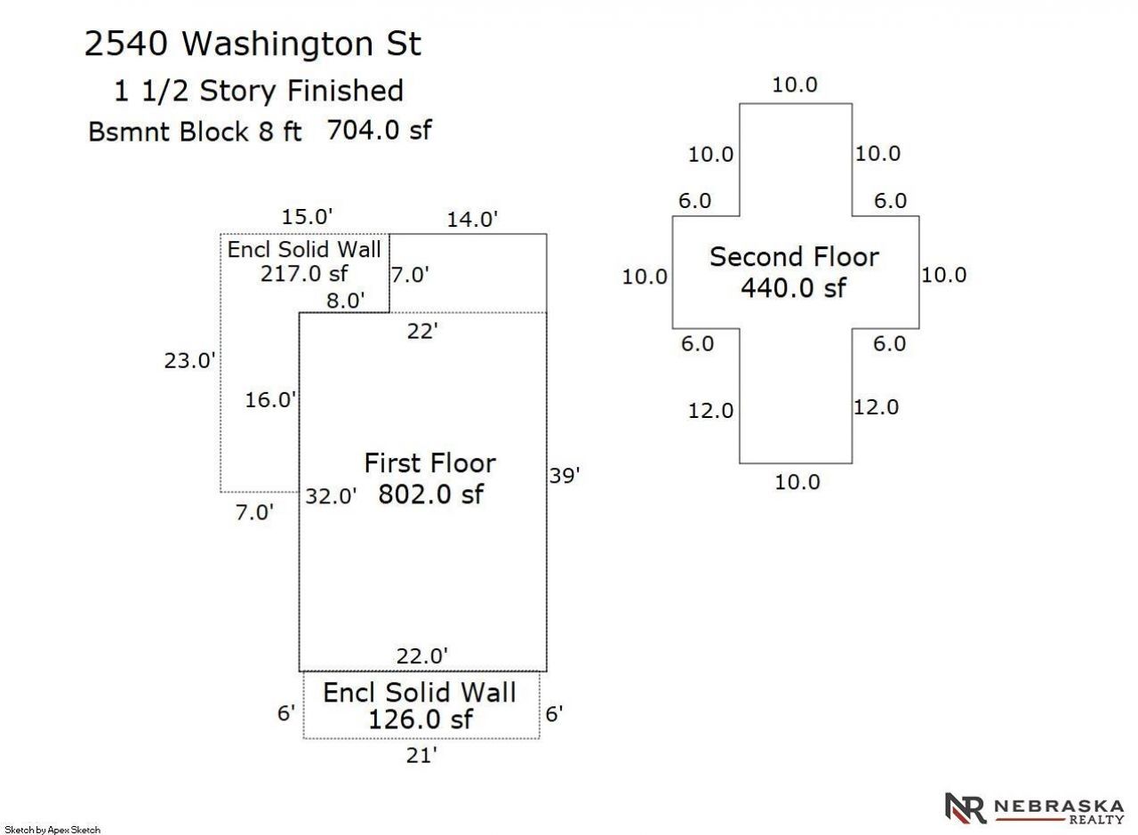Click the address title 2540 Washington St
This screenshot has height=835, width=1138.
tap(252, 44)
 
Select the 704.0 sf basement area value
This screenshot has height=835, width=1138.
tap(379, 130)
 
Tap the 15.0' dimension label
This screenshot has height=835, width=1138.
tap(307, 216)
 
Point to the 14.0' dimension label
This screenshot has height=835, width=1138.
tap(472, 219)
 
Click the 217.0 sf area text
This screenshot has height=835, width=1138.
tap(304, 274)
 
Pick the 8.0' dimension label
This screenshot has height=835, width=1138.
tap(346, 301)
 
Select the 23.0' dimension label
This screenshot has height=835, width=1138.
tap(189, 360)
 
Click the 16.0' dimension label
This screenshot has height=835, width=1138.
tap(271, 399)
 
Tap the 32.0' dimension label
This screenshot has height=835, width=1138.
tap(331, 495)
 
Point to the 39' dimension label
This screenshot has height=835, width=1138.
tap(565, 476)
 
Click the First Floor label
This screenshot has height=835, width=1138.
tap(429, 463)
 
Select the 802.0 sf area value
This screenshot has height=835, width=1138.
tap(431, 494)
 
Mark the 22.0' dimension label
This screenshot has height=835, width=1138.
tap(422, 656)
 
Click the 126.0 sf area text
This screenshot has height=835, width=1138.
tap(421, 719)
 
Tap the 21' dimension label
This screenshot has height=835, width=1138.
tap(421, 756)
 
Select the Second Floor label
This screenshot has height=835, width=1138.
tap(794, 257)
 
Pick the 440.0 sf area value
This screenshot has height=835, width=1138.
tap(794, 287)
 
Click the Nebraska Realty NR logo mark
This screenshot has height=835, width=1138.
tap(965, 808)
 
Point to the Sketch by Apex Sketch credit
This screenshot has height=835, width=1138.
tap(52, 830)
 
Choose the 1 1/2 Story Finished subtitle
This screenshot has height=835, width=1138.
tap(259, 91)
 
